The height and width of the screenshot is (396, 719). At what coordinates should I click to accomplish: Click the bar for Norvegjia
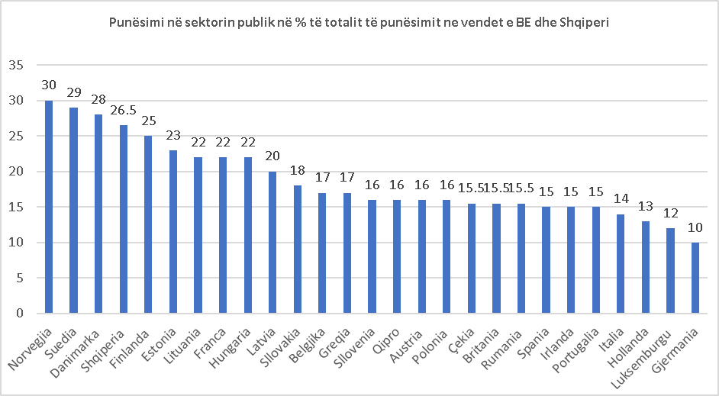pyautogui.click(x=49, y=207)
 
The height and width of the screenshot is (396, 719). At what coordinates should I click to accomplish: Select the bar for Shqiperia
pyautogui.click(x=123, y=219)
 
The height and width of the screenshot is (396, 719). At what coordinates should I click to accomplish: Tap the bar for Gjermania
pyautogui.click(x=695, y=278)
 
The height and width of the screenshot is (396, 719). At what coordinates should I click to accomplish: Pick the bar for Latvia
pyautogui.click(x=272, y=242)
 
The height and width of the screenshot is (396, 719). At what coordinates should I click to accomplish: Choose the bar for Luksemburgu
pyautogui.click(x=670, y=271)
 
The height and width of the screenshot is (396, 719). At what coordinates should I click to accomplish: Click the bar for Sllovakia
pyautogui.click(x=298, y=250)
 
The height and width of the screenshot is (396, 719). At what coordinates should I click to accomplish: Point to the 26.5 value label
pyautogui.click(x=123, y=114)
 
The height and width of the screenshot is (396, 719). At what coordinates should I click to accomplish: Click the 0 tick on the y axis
pyautogui.click(x=20, y=314)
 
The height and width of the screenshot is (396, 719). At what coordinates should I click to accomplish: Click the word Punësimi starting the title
pyautogui.click(x=136, y=23)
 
